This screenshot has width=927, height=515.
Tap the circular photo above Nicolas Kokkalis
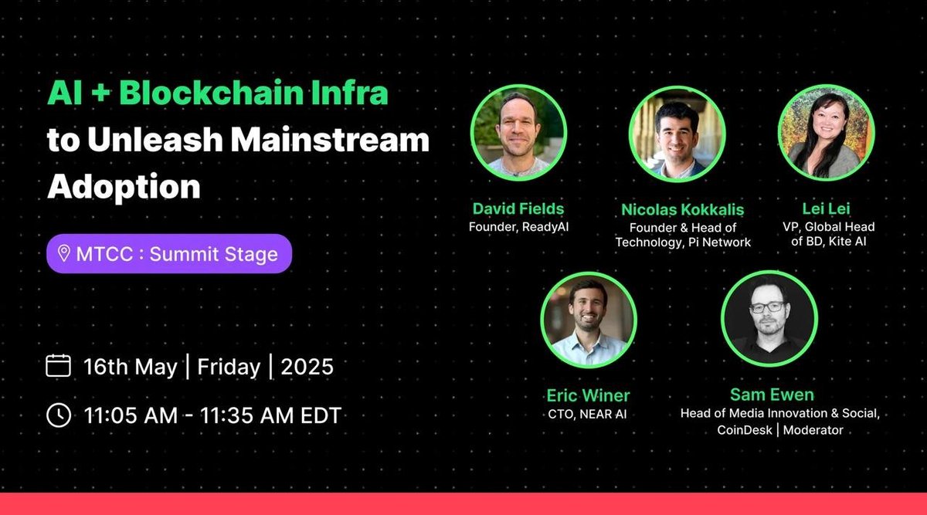pyautogui.click(x=677, y=134)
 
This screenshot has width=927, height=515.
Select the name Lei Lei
pyautogui.click(x=825, y=208)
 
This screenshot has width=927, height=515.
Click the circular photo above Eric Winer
pyautogui.click(x=588, y=319)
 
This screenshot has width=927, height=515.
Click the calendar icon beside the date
pyautogui.click(x=59, y=366)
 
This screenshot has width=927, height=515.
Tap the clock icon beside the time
pyautogui.click(x=59, y=415)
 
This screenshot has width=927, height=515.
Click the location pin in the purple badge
pyautogui.click(x=64, y=255)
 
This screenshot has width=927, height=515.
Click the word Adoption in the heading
pyautogui.click(x=124, y=186)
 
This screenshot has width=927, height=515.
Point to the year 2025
pyautogui.click(x=307, y=366)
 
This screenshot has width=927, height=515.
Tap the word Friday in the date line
pyautogui.click(x=228, y=366)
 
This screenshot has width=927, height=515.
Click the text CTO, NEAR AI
pyautogui.click(x=588, y=414)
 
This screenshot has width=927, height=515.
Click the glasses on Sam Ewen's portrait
pyautogui.click(x=766, y=307)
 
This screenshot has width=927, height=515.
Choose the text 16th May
pyautogui.click(x=131, y=366)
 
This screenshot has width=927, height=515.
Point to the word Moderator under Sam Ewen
pyautogui.click(x=813, y=430)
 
